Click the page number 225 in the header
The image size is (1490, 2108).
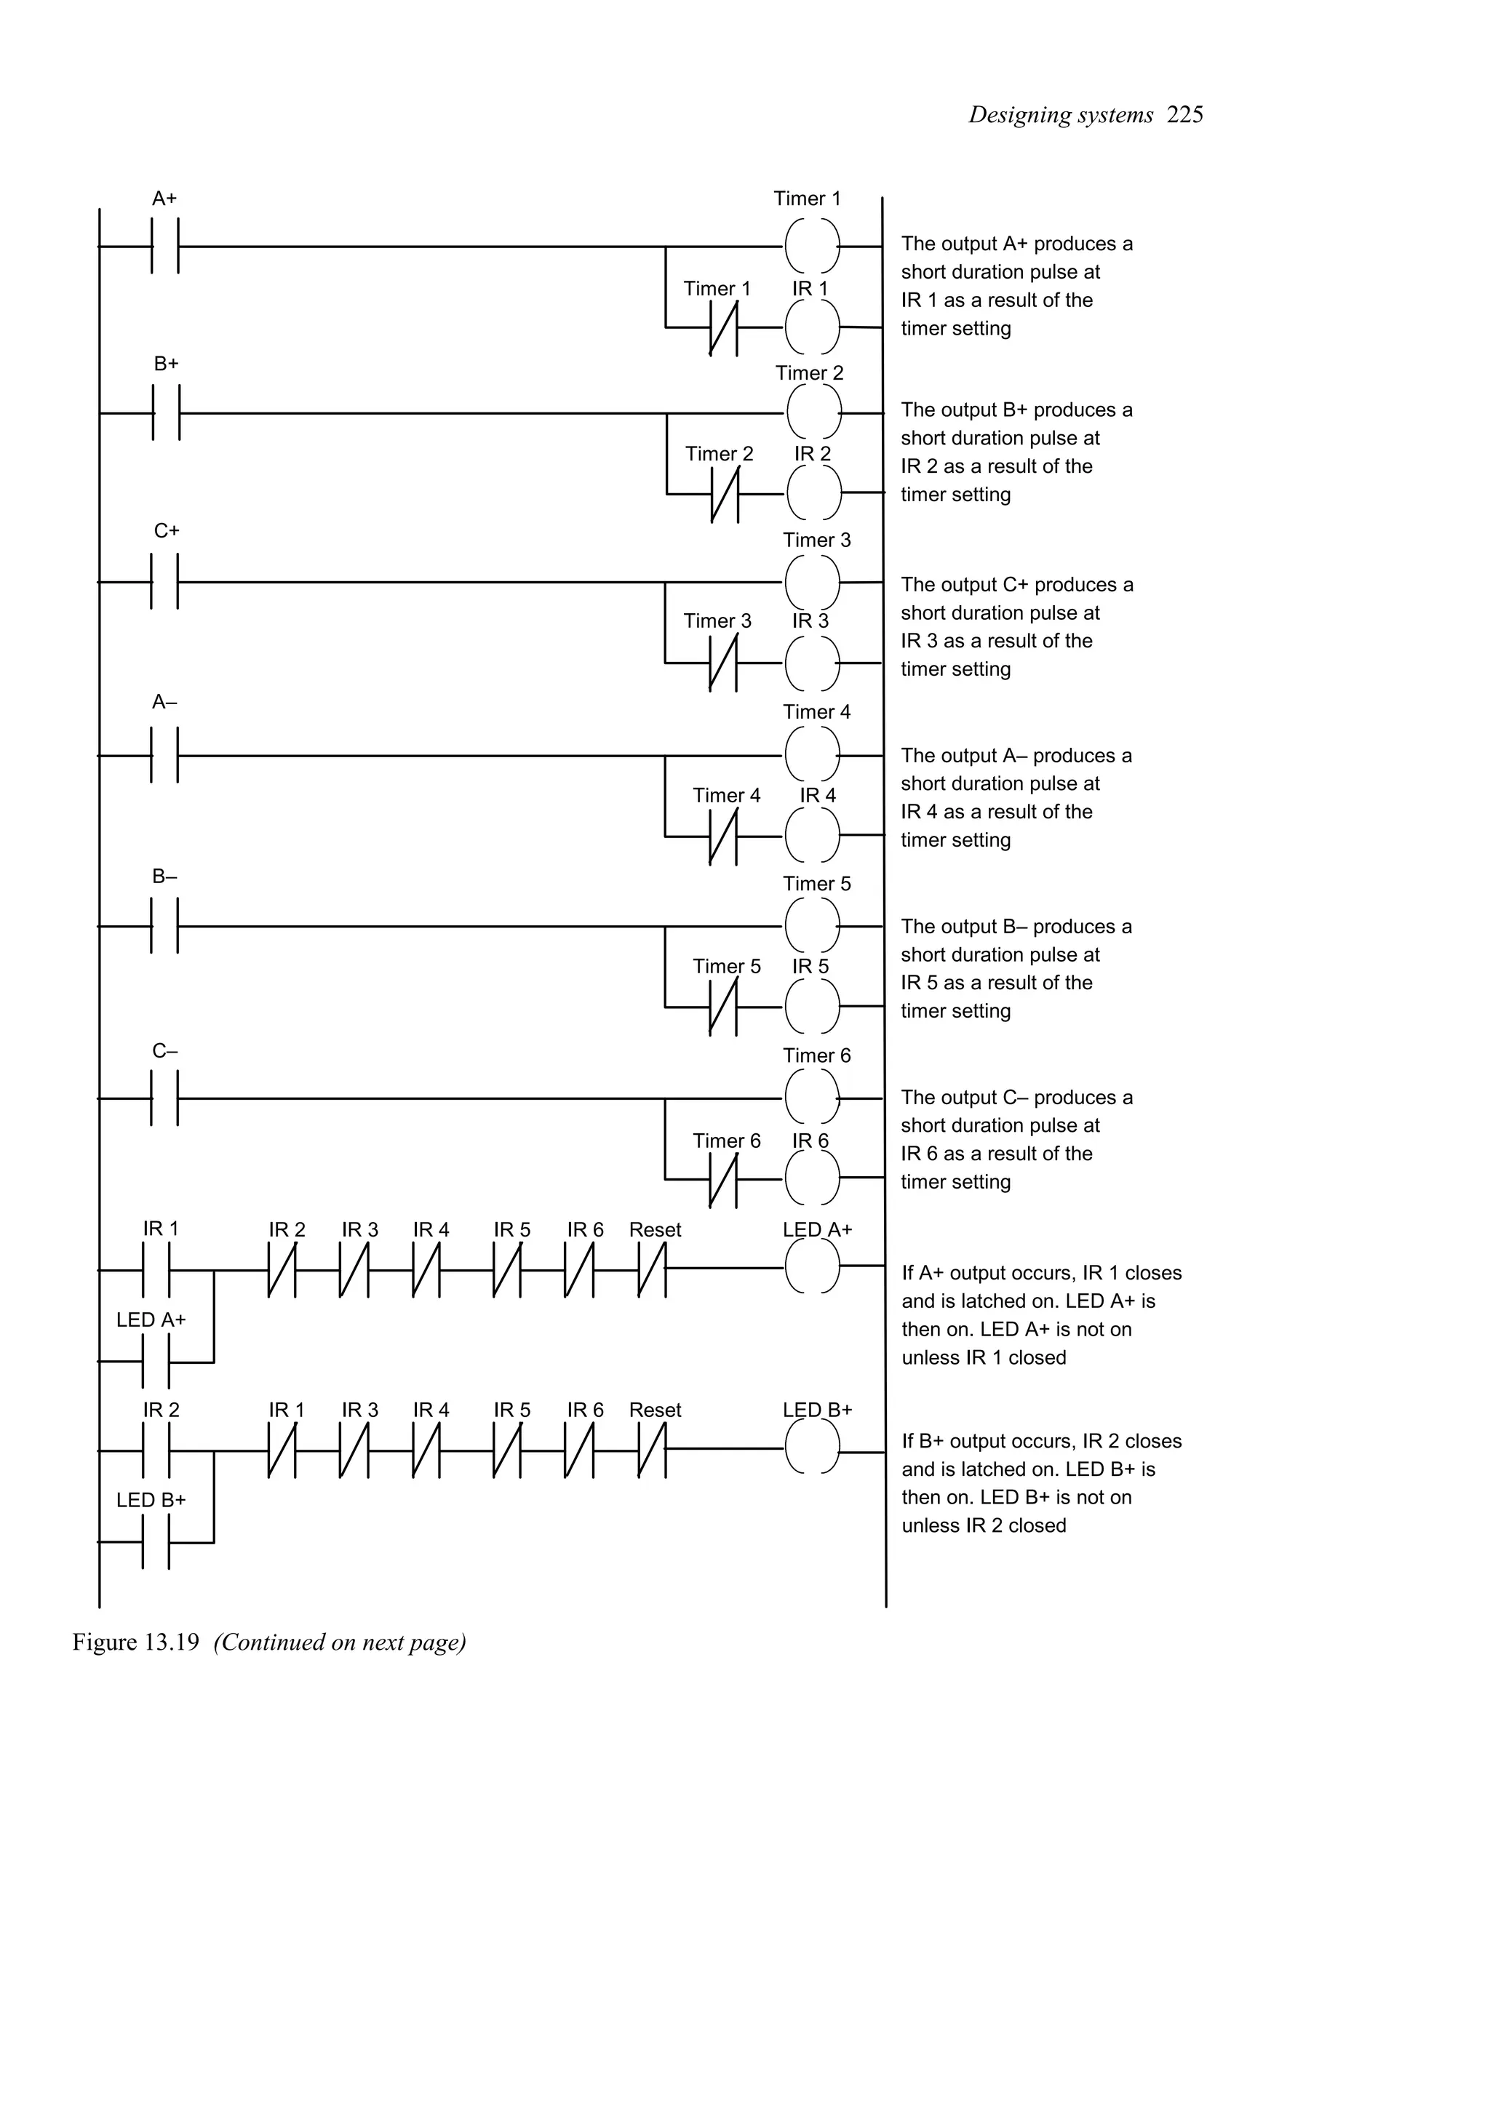(x=1184, y=115)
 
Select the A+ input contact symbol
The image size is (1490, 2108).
(x=164, y=246)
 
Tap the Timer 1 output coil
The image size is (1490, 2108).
(x=813, y=246)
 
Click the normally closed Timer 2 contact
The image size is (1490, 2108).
(x=725, y=494)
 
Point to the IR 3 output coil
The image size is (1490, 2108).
(x=813, y=662)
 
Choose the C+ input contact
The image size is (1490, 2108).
(x=164, y=581)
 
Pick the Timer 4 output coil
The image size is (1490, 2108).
(x=813, y=755)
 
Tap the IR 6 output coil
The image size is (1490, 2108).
(x=813, y=1177)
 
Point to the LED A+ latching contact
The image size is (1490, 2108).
(x=156, y=1362)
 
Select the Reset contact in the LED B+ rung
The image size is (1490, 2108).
(x=652, y=1450)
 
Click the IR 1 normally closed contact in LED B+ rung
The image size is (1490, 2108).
(x=282, y=1450)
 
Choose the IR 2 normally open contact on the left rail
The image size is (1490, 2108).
(x=156, y=1450)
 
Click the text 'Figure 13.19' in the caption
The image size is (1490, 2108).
(x=136, y=1642)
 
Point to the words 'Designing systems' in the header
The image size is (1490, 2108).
(x=1060, y=115)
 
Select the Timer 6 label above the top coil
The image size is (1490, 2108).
(x=816, y=1056)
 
